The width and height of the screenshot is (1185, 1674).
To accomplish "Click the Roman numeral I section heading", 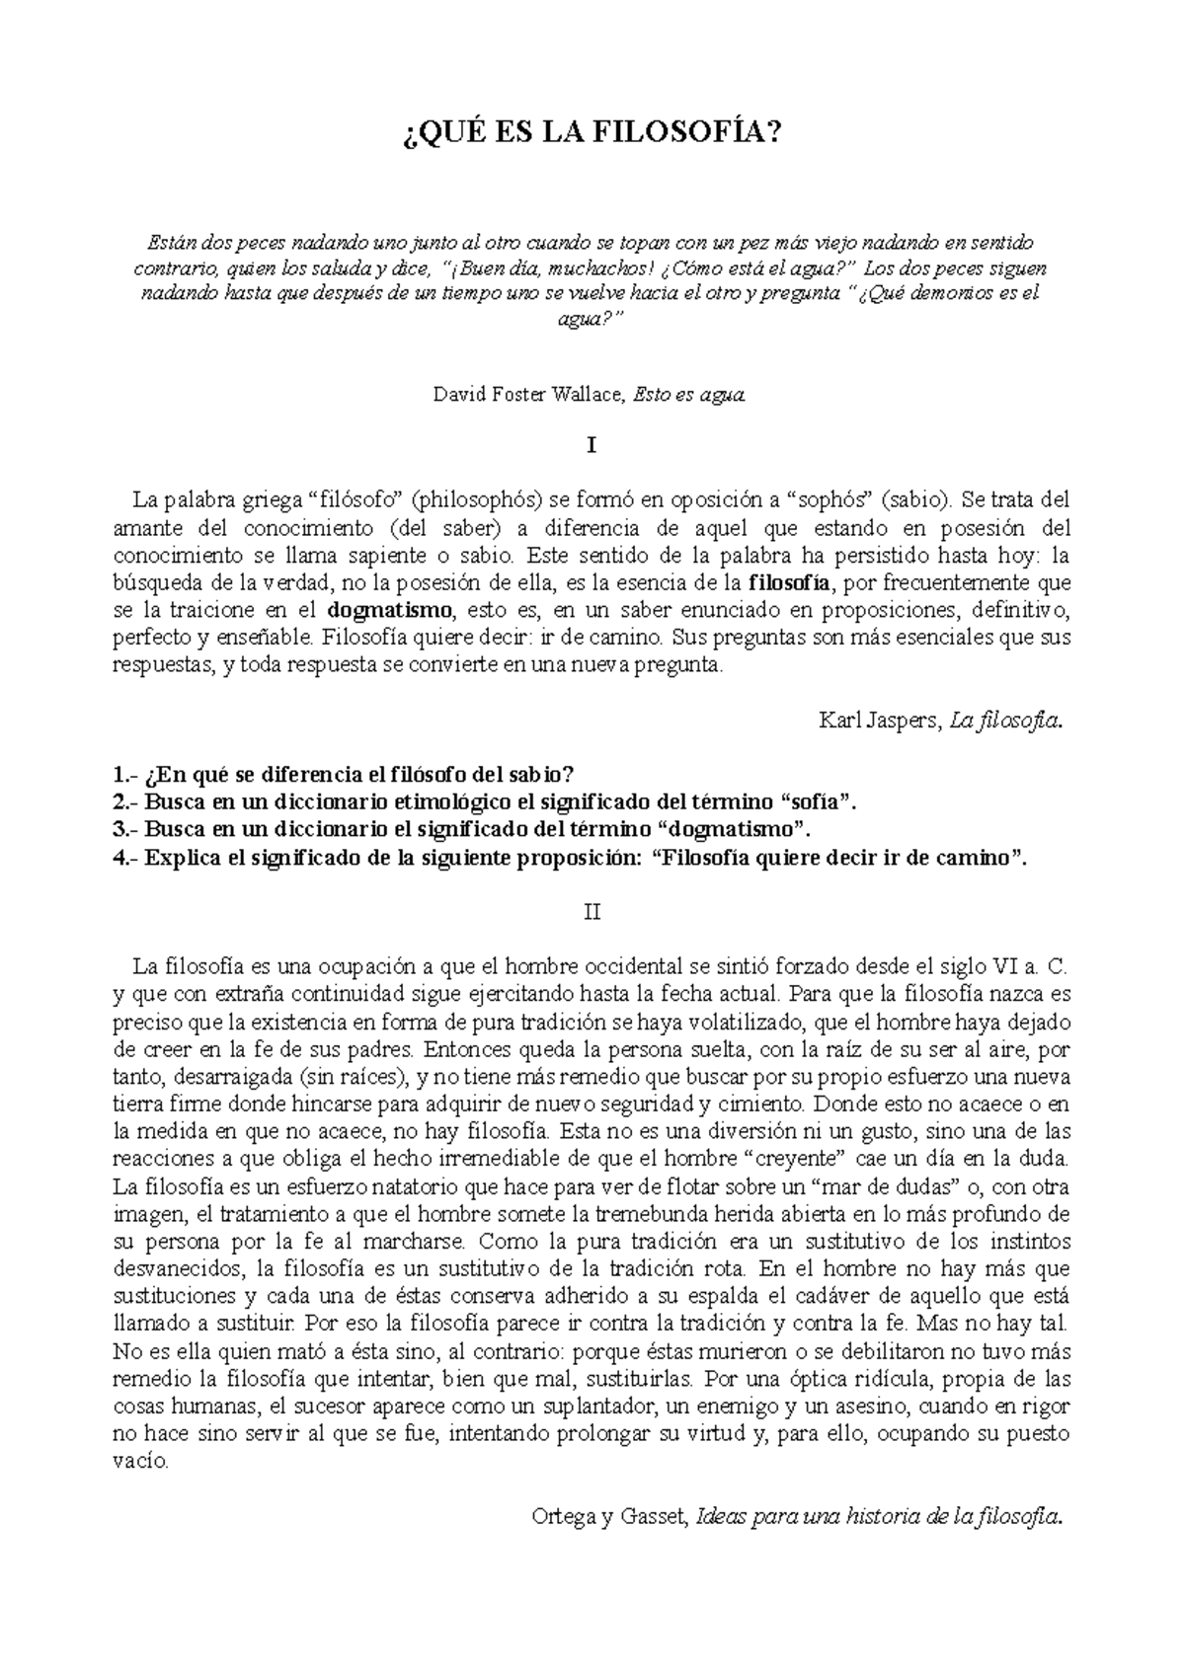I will (x=592, y=446).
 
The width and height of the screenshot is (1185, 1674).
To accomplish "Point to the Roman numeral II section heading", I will (x=592, y=911).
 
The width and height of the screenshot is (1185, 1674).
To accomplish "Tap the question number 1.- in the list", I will (x=126, y=774).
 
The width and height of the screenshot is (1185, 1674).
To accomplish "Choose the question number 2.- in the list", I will (x=126, y=801).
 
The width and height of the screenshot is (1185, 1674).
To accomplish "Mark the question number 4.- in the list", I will (x=126, y=857).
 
